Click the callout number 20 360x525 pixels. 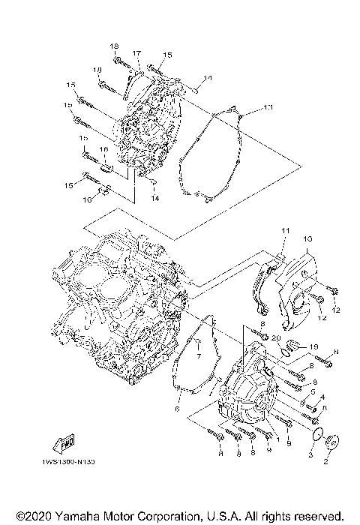coord(277,338)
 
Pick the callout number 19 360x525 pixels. coord(315,346)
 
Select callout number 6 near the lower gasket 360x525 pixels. coord(178,409)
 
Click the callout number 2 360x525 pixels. coord(325,463)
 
